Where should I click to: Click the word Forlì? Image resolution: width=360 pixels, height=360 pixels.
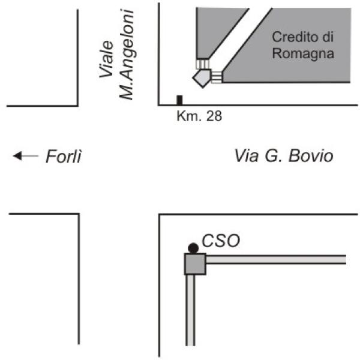[64, 156]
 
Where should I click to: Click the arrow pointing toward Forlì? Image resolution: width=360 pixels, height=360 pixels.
[26, 155]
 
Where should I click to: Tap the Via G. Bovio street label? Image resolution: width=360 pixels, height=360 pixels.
[284, 155]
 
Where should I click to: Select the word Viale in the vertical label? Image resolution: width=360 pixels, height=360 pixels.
[106, 59]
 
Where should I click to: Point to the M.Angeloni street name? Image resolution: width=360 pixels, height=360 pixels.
[127, 55]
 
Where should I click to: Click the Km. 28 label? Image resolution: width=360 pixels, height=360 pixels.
[199, 116]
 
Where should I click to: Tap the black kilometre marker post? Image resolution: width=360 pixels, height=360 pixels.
[179, 100]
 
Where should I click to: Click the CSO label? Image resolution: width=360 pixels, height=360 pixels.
[221, 241]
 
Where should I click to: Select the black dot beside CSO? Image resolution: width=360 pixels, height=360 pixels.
[193, 248]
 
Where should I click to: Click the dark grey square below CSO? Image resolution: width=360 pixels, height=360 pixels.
[195, 264]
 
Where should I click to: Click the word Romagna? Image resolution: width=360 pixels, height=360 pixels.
[303, 54]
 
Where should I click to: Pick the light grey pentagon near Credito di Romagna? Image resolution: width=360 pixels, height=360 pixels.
[202, 78]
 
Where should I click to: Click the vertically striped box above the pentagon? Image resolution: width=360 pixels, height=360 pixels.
[203, 64]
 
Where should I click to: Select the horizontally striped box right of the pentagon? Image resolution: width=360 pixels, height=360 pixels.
[217, 77]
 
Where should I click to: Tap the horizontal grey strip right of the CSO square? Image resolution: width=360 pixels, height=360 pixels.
[276, 260]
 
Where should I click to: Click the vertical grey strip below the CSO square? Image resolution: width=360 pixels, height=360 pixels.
[190, 310]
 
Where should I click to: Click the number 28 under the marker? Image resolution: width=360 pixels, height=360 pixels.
[214, 116]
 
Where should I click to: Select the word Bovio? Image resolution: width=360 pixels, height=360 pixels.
[311, 155]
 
